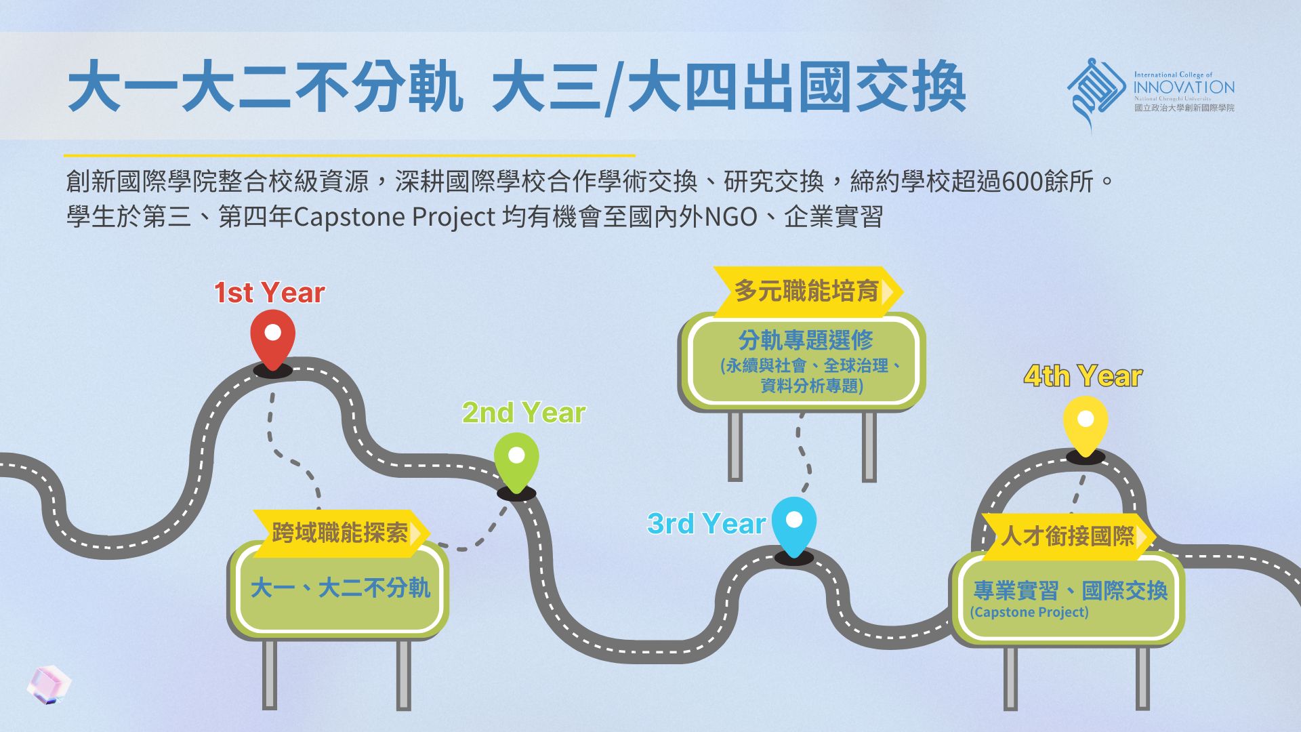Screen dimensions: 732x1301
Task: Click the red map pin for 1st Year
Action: click(x=272, y=337)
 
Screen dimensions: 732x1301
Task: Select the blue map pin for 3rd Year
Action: click(x=794, y=524)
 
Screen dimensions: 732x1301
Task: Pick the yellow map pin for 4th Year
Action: click(x=1086, y=423)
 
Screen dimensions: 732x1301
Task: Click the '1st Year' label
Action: click(x=270, y=293)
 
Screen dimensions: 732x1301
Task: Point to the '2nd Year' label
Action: click(x=524, y=413)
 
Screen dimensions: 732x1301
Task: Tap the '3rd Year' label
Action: click(x=706, y=524)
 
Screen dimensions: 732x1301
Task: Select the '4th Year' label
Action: click(x=1083, y=376)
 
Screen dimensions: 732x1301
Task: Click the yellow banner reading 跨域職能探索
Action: click(x=340, y=533)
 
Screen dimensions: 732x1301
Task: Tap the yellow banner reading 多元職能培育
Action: click(x=806, y=291)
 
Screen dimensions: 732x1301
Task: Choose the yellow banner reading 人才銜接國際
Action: click(x=1067, y=536)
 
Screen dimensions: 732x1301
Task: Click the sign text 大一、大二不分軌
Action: click(x=340, y=588)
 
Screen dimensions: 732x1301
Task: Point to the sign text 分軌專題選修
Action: click(x=806, y=340)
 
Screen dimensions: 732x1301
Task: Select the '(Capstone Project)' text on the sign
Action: click(x=1029, y=612)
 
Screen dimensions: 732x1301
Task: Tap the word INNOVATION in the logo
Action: click(x=1184, y=87)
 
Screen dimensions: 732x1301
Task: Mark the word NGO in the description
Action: click(x=731, y=218)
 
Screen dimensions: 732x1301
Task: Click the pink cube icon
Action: click(x=49, y=685)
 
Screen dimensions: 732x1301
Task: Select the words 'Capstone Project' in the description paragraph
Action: click(x=394, y=218)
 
